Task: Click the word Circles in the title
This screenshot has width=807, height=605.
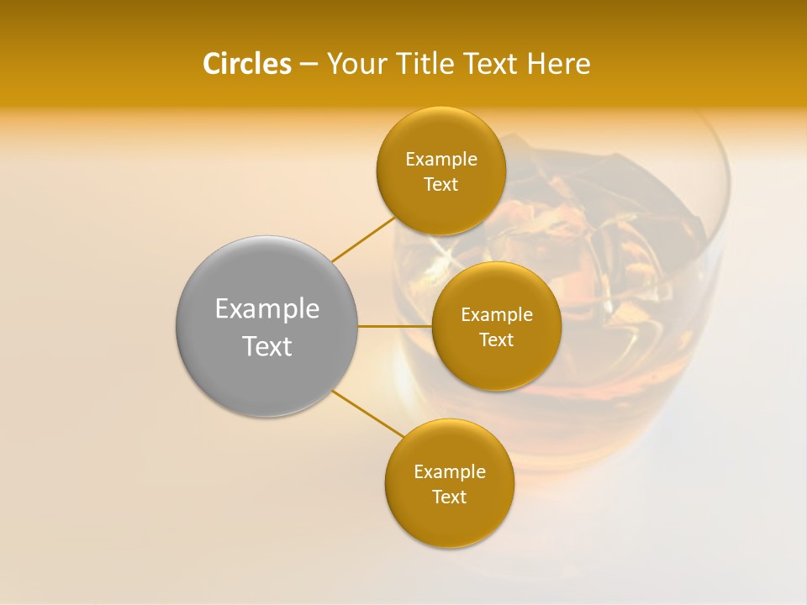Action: click(247, 64)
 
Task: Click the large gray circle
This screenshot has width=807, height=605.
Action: click(266, 277)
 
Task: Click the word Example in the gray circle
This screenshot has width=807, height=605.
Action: click(267, 309)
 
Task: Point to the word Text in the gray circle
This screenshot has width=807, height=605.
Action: click(267, 346)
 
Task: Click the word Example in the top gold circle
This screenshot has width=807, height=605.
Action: click(441, 160)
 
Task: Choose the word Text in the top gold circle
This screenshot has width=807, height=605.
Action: click(441, 185)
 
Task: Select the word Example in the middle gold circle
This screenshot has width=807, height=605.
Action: click(497, 315)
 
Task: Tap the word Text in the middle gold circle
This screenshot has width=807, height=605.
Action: click(497, 340)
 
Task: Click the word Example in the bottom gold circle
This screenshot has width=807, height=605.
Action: click(450, 472)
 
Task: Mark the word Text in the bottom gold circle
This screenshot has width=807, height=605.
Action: click(450, 497)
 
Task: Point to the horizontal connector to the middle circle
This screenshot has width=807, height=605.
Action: click(395, 326)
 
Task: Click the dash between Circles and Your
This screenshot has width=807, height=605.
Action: click(309, 64)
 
